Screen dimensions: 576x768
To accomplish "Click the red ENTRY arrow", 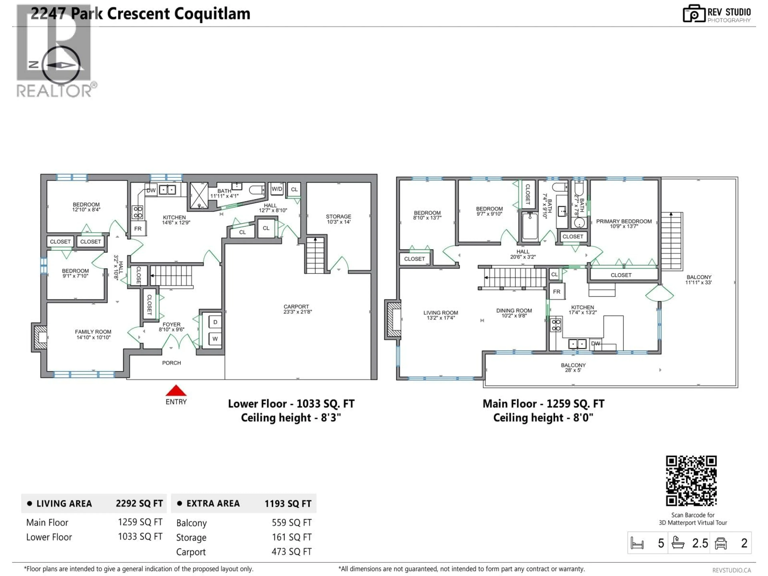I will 176,391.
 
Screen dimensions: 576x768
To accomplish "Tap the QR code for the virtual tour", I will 691,481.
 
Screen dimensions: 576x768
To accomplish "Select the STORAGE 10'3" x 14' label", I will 338,219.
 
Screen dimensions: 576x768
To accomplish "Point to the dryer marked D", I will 215,322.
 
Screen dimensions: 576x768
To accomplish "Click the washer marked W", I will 215,339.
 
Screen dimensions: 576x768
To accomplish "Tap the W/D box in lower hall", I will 277,189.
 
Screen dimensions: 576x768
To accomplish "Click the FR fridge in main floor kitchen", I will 557,292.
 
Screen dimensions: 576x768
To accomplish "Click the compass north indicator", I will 34,65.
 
